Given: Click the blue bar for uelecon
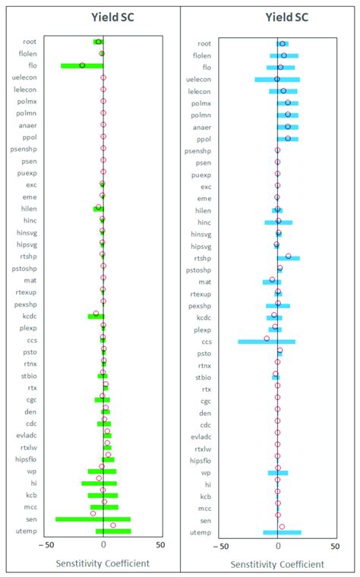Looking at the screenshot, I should pos(277,79).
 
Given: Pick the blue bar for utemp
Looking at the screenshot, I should pos(282,532).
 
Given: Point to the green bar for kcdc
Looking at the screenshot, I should pos(95,316).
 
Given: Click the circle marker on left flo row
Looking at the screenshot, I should pos(82,65).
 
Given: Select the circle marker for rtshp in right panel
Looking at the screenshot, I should pos(288,257).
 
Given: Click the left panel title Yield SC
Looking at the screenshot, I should pos(103,16).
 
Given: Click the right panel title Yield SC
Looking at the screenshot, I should pos(280,16).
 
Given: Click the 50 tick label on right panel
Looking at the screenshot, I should pos(335,544).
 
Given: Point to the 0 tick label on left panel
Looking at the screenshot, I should pos(103,544).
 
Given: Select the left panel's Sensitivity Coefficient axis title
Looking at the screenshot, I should pos(103,563).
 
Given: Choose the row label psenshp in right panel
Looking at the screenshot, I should pos(198,150).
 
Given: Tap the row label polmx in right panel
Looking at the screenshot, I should pos(201,102).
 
